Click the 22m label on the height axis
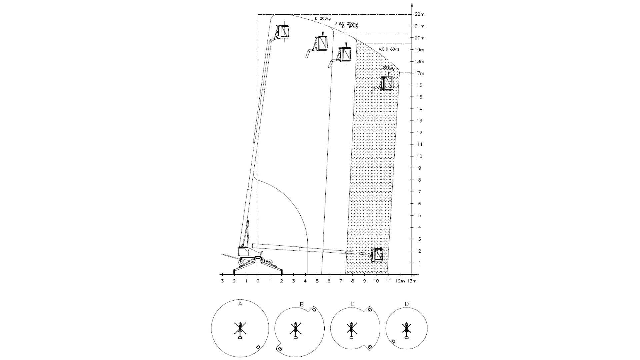[x=420, y=14]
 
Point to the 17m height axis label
[x=420, y=73]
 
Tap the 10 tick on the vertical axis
[x=419, y=156]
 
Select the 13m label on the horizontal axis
[x=412, y=281]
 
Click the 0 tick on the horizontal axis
[x=258, y=281]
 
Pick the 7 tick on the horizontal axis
[x=341, y=281]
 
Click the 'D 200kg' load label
[x=323, y=19]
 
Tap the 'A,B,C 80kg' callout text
[x=389, y=49]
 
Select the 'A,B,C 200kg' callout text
[x=346, y=23]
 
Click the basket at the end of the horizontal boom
[x=377, y=255]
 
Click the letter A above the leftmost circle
[x=240, y=304]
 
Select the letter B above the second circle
[x=302, y=304]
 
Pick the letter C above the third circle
[x=353, y=304]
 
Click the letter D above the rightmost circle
[x=407, y=304]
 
